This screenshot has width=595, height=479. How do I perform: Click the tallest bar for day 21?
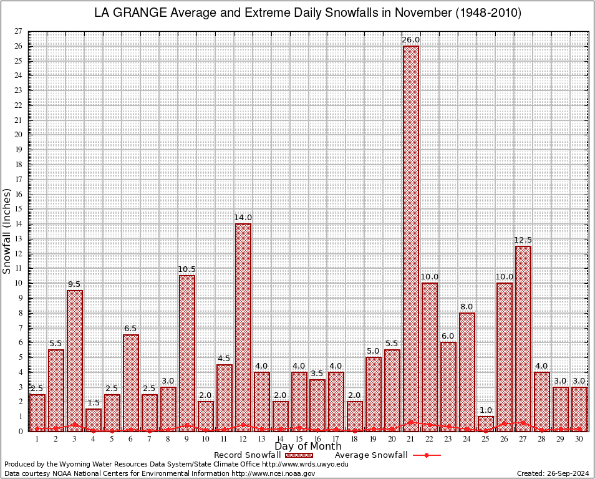(411, 237)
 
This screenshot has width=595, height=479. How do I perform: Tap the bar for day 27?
(523, 337)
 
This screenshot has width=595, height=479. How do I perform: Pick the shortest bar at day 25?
(486, 423)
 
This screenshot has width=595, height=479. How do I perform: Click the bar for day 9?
(187, 352)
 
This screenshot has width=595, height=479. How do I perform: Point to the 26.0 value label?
(411, 40)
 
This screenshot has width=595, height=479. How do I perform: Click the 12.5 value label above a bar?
(523, 240)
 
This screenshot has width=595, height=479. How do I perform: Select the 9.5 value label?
(75, 284)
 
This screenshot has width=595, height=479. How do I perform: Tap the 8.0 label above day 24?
(467, 307)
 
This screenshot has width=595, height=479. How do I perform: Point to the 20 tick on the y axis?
(18, 135)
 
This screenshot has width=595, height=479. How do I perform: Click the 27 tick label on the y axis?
(18, 31)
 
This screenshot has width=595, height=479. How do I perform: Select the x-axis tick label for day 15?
(299, 439)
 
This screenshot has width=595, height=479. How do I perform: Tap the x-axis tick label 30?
(579, 439)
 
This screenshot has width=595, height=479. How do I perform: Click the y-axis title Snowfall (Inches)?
(7, 231)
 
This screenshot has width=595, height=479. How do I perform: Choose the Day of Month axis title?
(307, 447)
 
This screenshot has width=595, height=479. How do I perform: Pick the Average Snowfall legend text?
(370, 455)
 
